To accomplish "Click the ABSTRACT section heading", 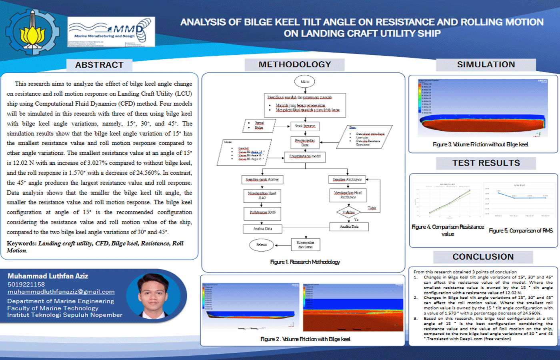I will coord(99,65).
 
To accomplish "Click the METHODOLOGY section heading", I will coord(295,64).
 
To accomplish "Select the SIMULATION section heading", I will coord(486,64).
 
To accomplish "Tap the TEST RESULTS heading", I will coord(486,163).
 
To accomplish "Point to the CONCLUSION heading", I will coord(483,257).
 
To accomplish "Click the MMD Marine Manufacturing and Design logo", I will coord(111,32).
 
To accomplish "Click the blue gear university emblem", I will coord(32,32).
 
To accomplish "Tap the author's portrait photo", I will coord(153,295).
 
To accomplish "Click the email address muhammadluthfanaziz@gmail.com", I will coord(61,292).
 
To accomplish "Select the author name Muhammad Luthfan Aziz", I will coord(48,276).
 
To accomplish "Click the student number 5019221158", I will coord(26,284).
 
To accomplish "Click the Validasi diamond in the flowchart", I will coord(348,212).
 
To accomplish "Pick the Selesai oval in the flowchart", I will coord(261,244).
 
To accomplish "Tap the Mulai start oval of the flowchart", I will coord(305,82).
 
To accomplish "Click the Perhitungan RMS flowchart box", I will coord(262,213).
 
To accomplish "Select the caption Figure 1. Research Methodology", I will coord(305,262).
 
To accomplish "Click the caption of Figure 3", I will coord(480,144).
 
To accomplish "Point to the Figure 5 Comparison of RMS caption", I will coord(520,230).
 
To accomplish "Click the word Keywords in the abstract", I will coord(21,243).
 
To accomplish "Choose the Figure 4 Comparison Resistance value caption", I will coord(448,230).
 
